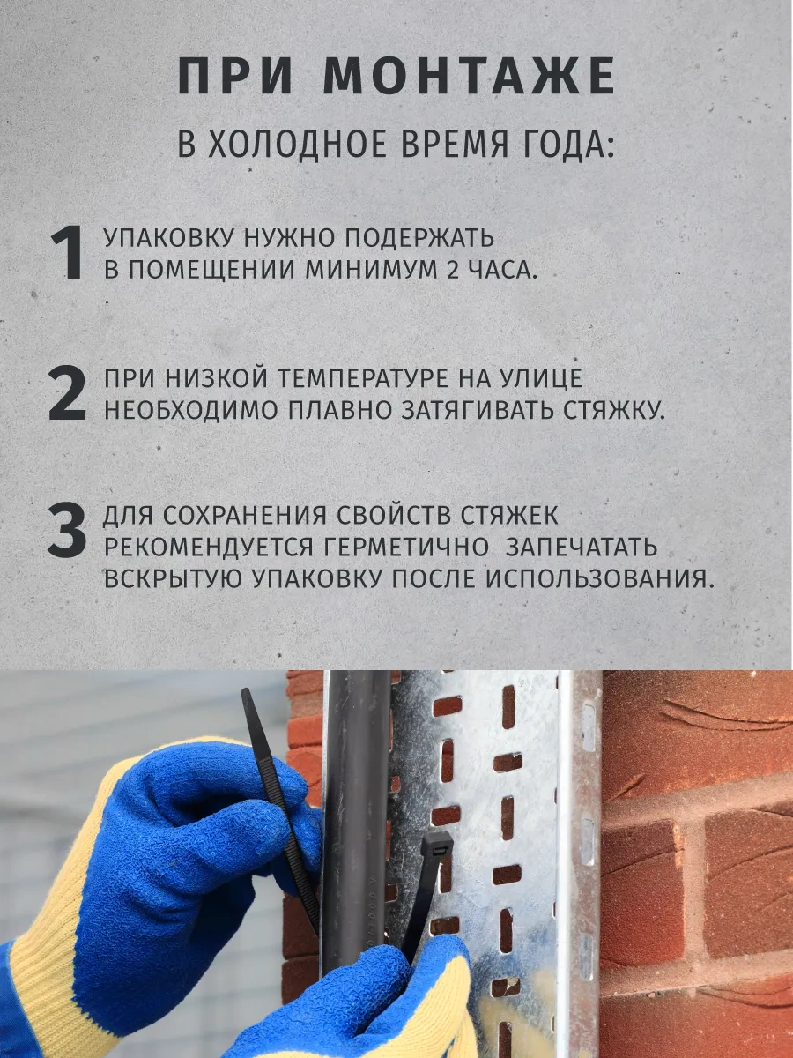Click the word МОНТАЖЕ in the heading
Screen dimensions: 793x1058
[x=470, y=77]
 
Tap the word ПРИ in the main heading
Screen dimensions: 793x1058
[x=235, y=77]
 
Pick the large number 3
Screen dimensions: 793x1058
[x=68, y=529]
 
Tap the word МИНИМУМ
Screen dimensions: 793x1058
[x=373, y=271]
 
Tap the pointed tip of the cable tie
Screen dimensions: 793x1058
[x=245, y=692]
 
